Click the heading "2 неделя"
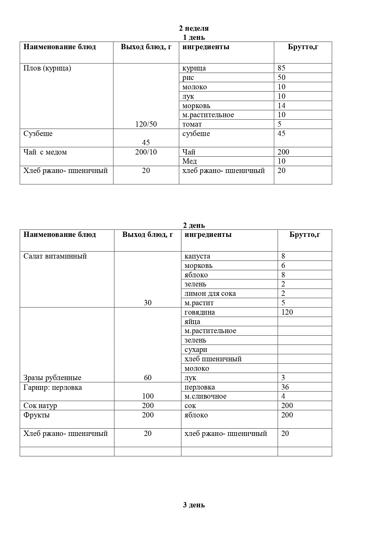click(x=194, y=28)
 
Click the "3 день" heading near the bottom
click(x=194, y=505)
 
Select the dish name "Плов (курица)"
click(x=47, y=68)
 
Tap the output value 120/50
click(x=146, y=124)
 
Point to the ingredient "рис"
click(x=188, y=77)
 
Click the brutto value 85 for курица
click(x=281, y=68)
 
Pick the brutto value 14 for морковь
click(x=281, y=106)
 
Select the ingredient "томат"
click(x=192, y=124)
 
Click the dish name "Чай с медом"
click(x=45, y=152)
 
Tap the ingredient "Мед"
click(x=190, y=161)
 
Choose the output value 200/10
click(x=146, y=152)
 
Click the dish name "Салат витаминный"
click(x=55, y=256)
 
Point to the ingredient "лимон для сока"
click(x=210, y=294)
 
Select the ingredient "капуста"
click(x=197, y=256)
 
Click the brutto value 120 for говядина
click(x=287, y=312)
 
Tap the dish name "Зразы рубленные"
click(x=52, y=378)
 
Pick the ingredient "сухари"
click(x=196, y=349)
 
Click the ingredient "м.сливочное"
click(x=205, y=396)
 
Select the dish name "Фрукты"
click(x=37, y=415)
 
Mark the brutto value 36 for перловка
click(x=285, y=387)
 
